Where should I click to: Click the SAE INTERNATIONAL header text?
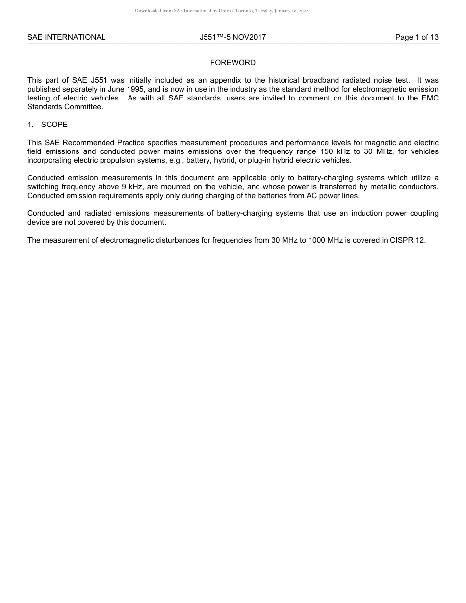(x=66, y=37)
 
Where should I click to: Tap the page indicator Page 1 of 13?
(x=417, y=37)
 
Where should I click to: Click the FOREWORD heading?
(x=233, y=63)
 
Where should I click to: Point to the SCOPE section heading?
(x=54, y=125)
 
